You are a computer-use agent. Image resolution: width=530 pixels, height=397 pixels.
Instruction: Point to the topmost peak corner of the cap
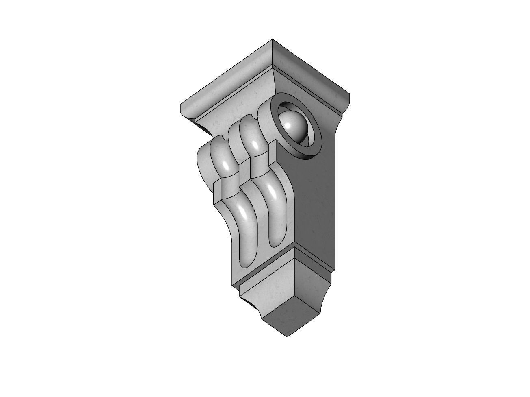pos(272,40)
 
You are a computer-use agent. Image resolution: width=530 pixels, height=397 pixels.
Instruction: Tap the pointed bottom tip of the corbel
pos(288,336)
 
